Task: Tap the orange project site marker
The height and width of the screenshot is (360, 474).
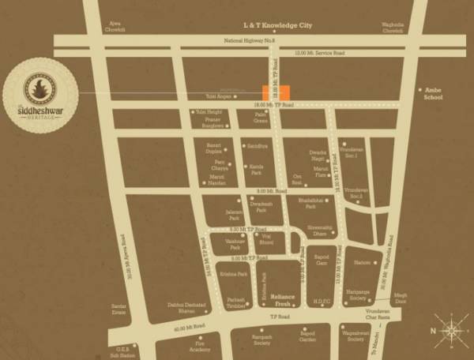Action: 276,92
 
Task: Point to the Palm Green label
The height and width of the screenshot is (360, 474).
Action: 261,117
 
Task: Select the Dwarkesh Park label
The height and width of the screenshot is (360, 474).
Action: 261,207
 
